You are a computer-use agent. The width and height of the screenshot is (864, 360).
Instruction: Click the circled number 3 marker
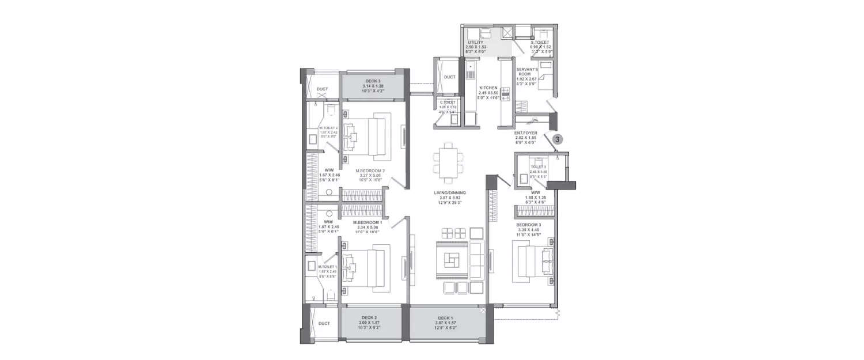(x=558, y=139)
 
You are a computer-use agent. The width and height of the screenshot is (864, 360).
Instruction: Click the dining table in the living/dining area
(x=448, y=161)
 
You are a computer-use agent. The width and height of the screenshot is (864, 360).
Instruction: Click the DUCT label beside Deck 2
(x=324, y=323)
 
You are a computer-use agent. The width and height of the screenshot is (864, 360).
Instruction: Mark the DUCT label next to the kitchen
(x=450, y=77)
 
